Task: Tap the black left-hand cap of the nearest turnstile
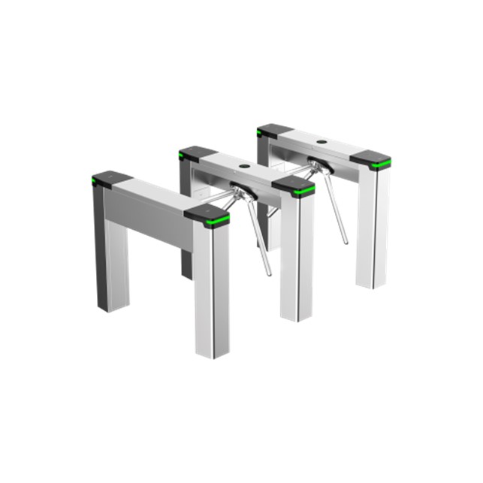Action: point(111,177)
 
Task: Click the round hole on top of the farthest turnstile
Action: point(321,141)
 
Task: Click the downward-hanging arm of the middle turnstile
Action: point(259,240)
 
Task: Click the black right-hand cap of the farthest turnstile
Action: point(370,158)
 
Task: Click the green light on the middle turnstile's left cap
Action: point(183,158)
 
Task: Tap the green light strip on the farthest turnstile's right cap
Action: point(380,166)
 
